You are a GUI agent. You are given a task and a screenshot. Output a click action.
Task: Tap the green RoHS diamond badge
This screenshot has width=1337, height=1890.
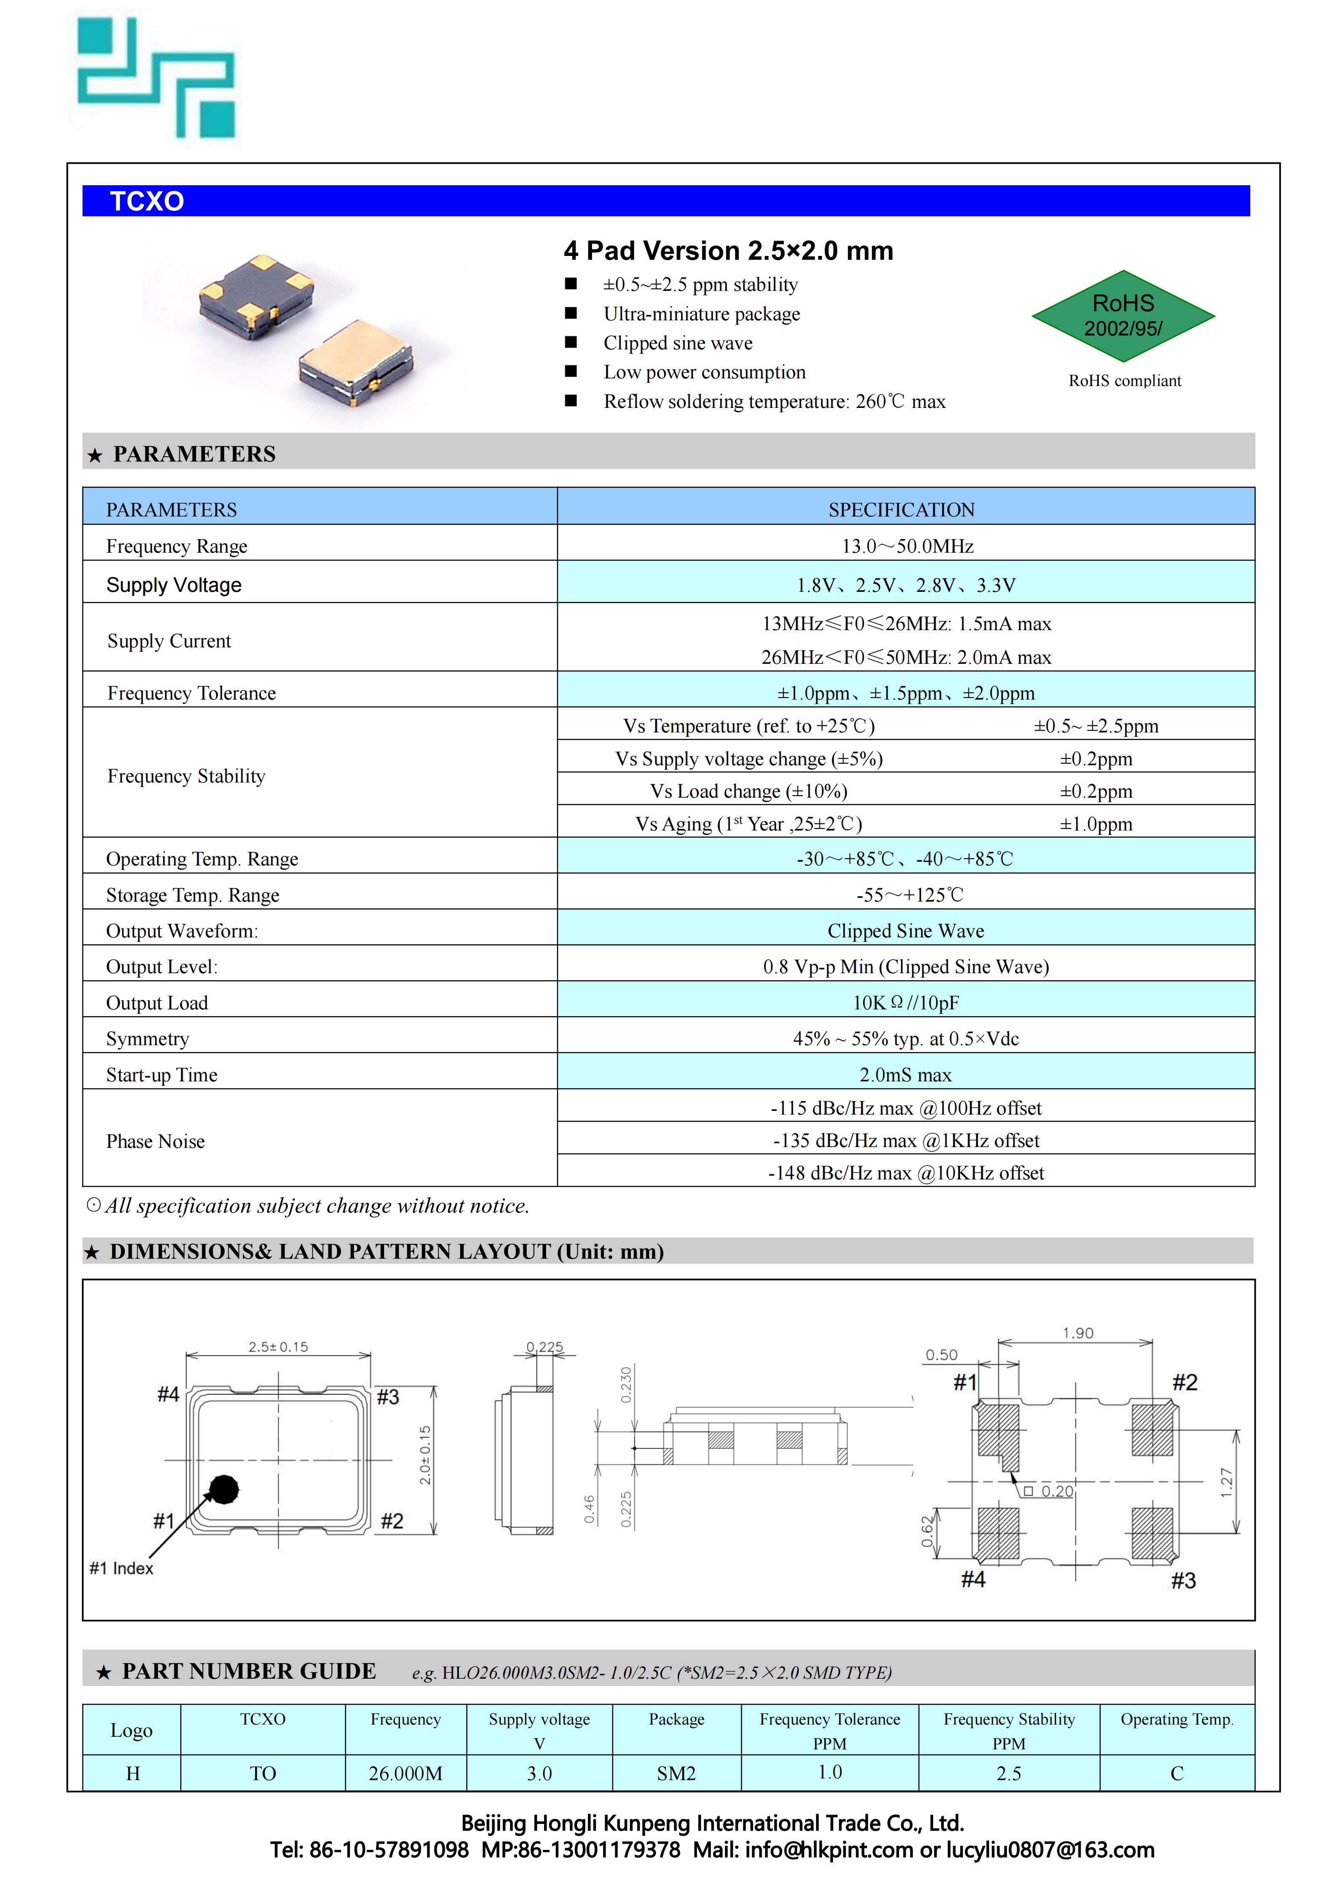(1123, 316)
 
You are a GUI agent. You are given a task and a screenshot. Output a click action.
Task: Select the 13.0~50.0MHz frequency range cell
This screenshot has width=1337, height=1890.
(907, 547)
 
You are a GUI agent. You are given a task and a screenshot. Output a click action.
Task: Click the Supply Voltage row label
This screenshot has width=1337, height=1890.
(174, 585)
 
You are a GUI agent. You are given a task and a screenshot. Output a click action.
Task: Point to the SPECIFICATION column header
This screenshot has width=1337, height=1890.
(902, 510)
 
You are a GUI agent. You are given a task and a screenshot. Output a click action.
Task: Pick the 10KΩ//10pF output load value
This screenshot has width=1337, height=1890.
(906, 1003)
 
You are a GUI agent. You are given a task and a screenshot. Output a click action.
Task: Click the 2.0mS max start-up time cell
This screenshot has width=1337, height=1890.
(906, 1075)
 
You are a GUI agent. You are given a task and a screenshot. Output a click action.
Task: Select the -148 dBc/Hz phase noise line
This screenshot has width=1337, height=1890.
(906, 1173)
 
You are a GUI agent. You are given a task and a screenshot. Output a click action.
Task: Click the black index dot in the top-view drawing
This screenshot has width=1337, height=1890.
(223, 1489)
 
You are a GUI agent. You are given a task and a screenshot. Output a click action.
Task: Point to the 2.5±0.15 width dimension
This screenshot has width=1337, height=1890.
(278, 1347)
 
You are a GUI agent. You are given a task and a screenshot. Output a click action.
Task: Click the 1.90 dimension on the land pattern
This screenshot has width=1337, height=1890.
(1078, 1333)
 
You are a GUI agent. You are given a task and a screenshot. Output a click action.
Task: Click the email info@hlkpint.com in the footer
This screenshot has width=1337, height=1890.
(828, 1850)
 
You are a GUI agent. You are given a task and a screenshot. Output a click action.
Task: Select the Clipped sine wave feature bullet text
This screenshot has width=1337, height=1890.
(678, 343)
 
